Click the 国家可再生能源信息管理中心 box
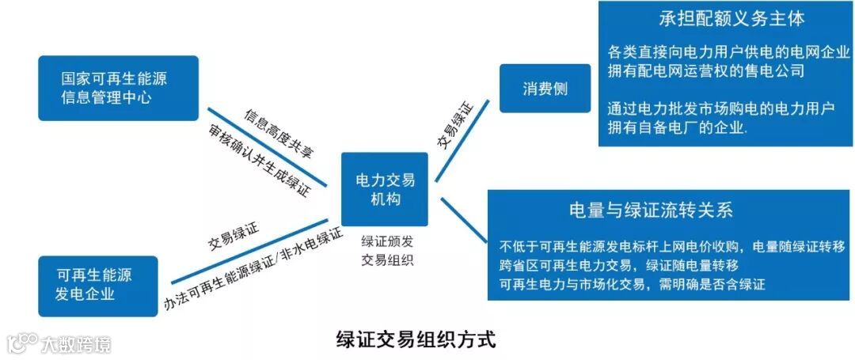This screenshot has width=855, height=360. tap(118, 88)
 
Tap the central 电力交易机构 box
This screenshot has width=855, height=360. tap(384, 189)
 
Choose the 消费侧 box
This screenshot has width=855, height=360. tap(545, 89)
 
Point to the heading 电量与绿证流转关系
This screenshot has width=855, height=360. tap(652, 210)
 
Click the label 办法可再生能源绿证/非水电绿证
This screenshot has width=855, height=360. tap(253, 269)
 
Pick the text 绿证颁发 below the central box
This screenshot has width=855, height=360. tap(386, 242)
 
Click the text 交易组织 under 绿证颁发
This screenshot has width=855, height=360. tap(386, 260)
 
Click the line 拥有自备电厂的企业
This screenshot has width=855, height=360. tap(679, 128)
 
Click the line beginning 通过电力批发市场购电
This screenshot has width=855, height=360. tap(722, 109)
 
